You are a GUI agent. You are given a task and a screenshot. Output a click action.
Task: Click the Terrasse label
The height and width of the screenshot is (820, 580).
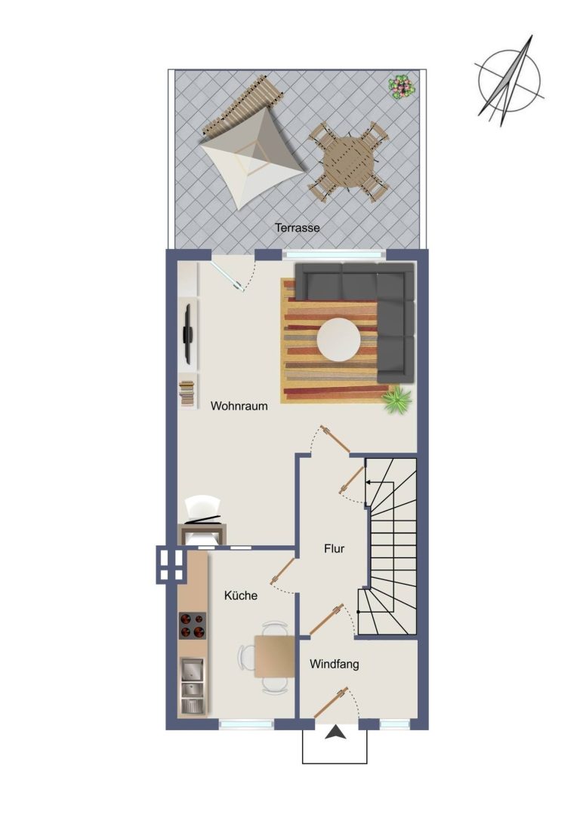click(297, 228)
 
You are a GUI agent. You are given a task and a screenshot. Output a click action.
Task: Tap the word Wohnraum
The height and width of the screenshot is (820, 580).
click(239, 406)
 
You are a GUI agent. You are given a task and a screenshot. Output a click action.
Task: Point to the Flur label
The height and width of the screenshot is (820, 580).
click(334, 548)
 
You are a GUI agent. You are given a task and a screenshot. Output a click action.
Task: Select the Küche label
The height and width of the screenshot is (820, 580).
click(241, 595)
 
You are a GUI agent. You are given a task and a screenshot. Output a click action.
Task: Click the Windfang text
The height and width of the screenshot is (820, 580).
click(334, 664)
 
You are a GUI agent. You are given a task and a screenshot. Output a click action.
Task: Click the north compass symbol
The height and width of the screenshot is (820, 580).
click(509, 81)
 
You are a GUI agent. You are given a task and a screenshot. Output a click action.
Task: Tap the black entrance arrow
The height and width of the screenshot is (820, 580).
click(335, 733)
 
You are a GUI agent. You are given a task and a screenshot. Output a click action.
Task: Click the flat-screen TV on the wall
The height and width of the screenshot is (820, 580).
click(188, 333)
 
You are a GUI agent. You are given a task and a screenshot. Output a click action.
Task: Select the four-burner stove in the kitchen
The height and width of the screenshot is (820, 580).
click(193, 625)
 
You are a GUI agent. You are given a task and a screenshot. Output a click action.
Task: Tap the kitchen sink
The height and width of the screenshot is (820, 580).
click(192, 685)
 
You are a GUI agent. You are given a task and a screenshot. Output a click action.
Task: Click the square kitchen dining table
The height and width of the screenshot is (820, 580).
click(275, 656)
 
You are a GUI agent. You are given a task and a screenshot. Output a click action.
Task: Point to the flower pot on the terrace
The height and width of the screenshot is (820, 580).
click(402, 86)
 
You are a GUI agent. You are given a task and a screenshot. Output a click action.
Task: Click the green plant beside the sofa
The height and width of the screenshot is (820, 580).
click(396, 401)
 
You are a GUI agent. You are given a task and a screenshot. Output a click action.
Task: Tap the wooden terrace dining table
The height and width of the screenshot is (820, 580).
click(349, 162)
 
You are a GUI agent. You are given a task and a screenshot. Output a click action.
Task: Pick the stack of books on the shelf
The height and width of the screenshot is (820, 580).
click(187, 393)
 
